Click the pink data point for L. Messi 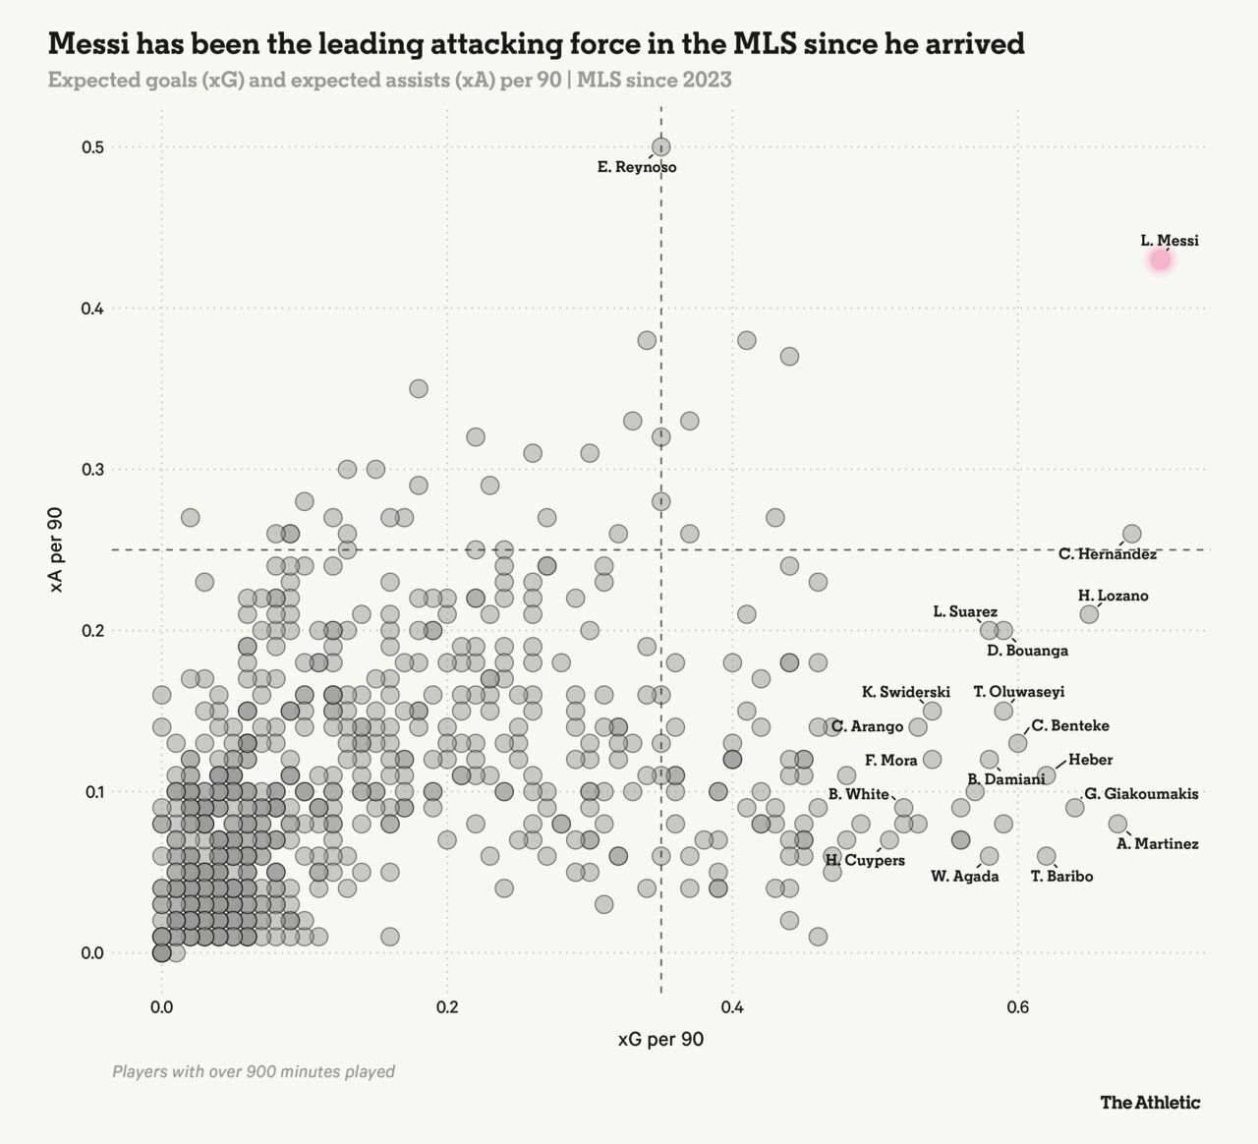tap(1161, 259)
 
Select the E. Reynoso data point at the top tap(661, 146)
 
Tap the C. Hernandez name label tap(1108, 554)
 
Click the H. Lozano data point tap(1089, 614)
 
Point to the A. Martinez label tap(1158, 843)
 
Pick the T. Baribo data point tap(1047, 856)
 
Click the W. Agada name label tap(964, 877)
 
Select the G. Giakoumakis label tap(1141, 794)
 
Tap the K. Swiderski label tap(906, 692)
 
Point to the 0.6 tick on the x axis tap(1018, 1007)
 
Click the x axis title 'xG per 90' tap(660, 1040)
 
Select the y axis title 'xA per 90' tap(56, 549)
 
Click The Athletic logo tap(1150, 1102)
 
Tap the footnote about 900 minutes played tap(254, 1071)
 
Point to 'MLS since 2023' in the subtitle tap(655, 80)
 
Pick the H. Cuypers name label tap(865, 861)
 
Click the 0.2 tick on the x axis tap(447, 1007)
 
